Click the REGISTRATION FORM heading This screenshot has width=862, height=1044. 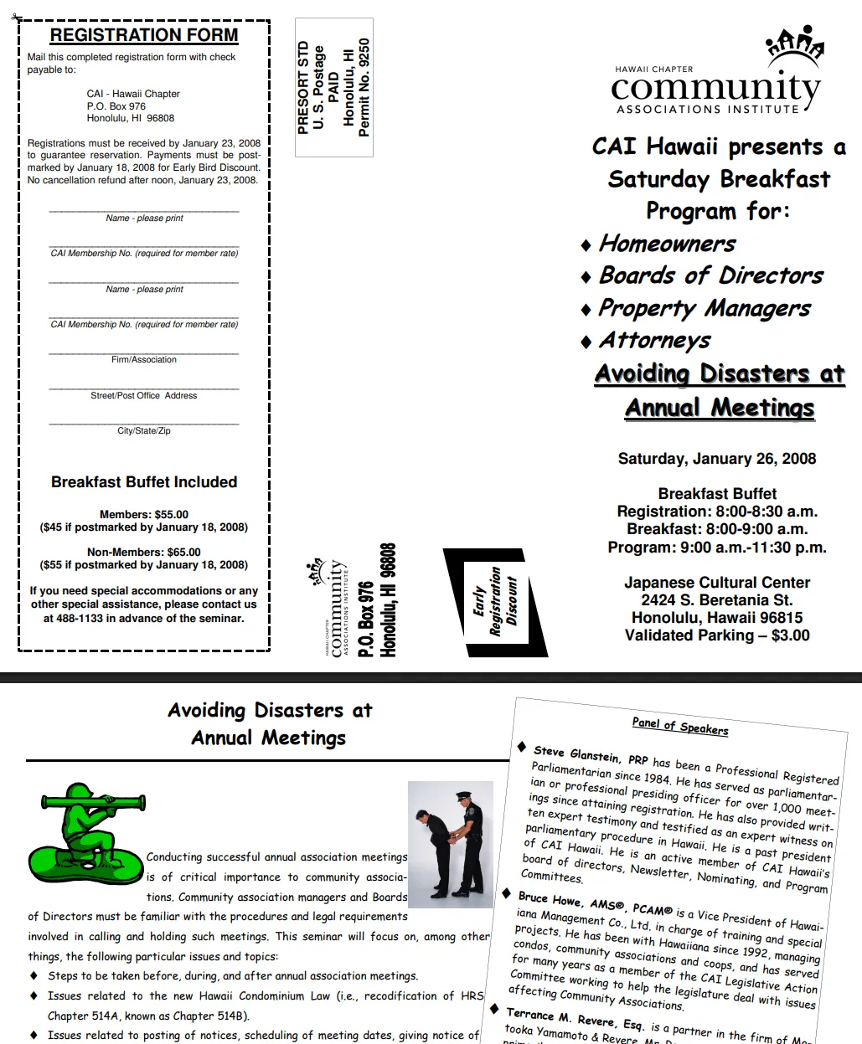pyautogui.click(x=144, y=35)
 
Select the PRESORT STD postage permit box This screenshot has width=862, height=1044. pyautogui.click(x=333, y=87)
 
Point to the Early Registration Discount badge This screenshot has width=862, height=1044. pyautogui.click(x=495, y=601)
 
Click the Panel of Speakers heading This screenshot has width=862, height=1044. pyautogui.click(x=680, y=726)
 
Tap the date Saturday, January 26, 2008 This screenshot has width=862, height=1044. pyautogui.click(x=717, y=459)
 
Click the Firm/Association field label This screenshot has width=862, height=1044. pyautogui.click(x=144, y=360)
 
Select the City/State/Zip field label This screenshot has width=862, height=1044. pyautogui.click(x=144, y=431)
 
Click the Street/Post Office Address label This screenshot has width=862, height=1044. pyautogui.click(x=144, y=396)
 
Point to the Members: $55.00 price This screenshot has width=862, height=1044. pyautogui.click(x=144, y=515)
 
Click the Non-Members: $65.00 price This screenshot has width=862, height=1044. pyautogui.click(x=144, y=553)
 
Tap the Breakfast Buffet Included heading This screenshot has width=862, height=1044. pyautogui.click(x=144, y=482)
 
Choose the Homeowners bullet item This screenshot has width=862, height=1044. pyautogui.click(x=667, y=244)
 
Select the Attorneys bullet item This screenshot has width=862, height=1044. pyautogui.click(x=654, y=341)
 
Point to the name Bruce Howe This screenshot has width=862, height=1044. pyautogui.click(x=550, y=898)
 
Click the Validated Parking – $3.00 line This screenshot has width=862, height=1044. pyautogui.click(x=717, y=635)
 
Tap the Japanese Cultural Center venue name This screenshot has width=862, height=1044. pyautogui.click(x=717, y=583)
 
